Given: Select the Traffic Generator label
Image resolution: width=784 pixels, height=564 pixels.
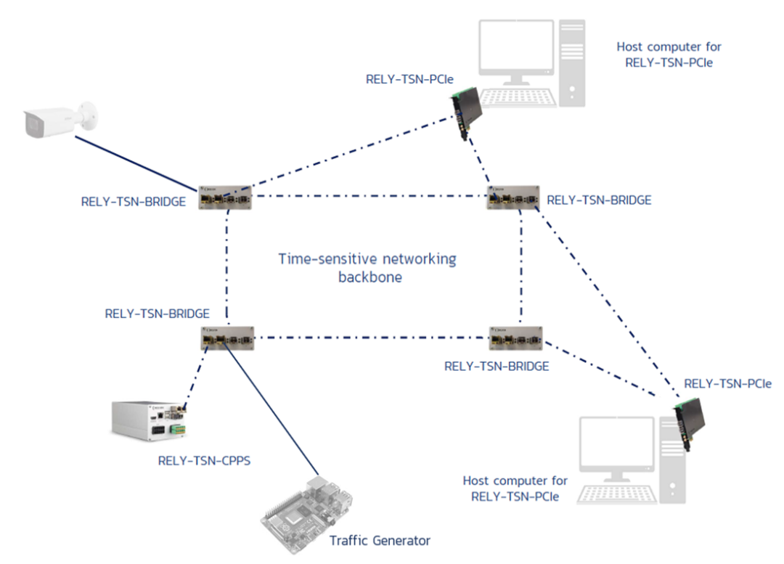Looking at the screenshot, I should (380, 541).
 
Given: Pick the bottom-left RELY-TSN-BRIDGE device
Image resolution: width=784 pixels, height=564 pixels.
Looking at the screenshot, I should (228, 338).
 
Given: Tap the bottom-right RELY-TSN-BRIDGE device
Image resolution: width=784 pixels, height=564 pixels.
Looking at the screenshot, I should (515, 338).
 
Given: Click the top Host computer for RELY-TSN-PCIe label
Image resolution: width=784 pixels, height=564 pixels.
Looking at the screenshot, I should (669, 54).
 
